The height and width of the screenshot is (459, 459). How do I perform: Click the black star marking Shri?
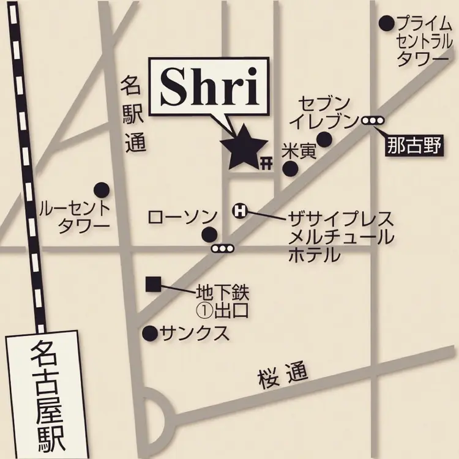coord(244,149)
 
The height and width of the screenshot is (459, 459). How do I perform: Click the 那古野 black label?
coord(414,146)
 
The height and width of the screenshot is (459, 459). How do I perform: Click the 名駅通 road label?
coord(130,114)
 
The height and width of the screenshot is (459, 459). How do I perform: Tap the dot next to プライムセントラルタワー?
coord(386,24)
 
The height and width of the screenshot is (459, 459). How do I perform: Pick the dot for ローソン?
coord(209,233)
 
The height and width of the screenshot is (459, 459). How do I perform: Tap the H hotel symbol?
coord(240,211)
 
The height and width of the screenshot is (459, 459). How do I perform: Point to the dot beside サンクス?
coord(149,333)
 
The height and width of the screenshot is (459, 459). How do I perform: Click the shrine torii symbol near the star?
coord(266,162)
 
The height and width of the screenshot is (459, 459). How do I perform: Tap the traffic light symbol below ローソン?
coord(222,248)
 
